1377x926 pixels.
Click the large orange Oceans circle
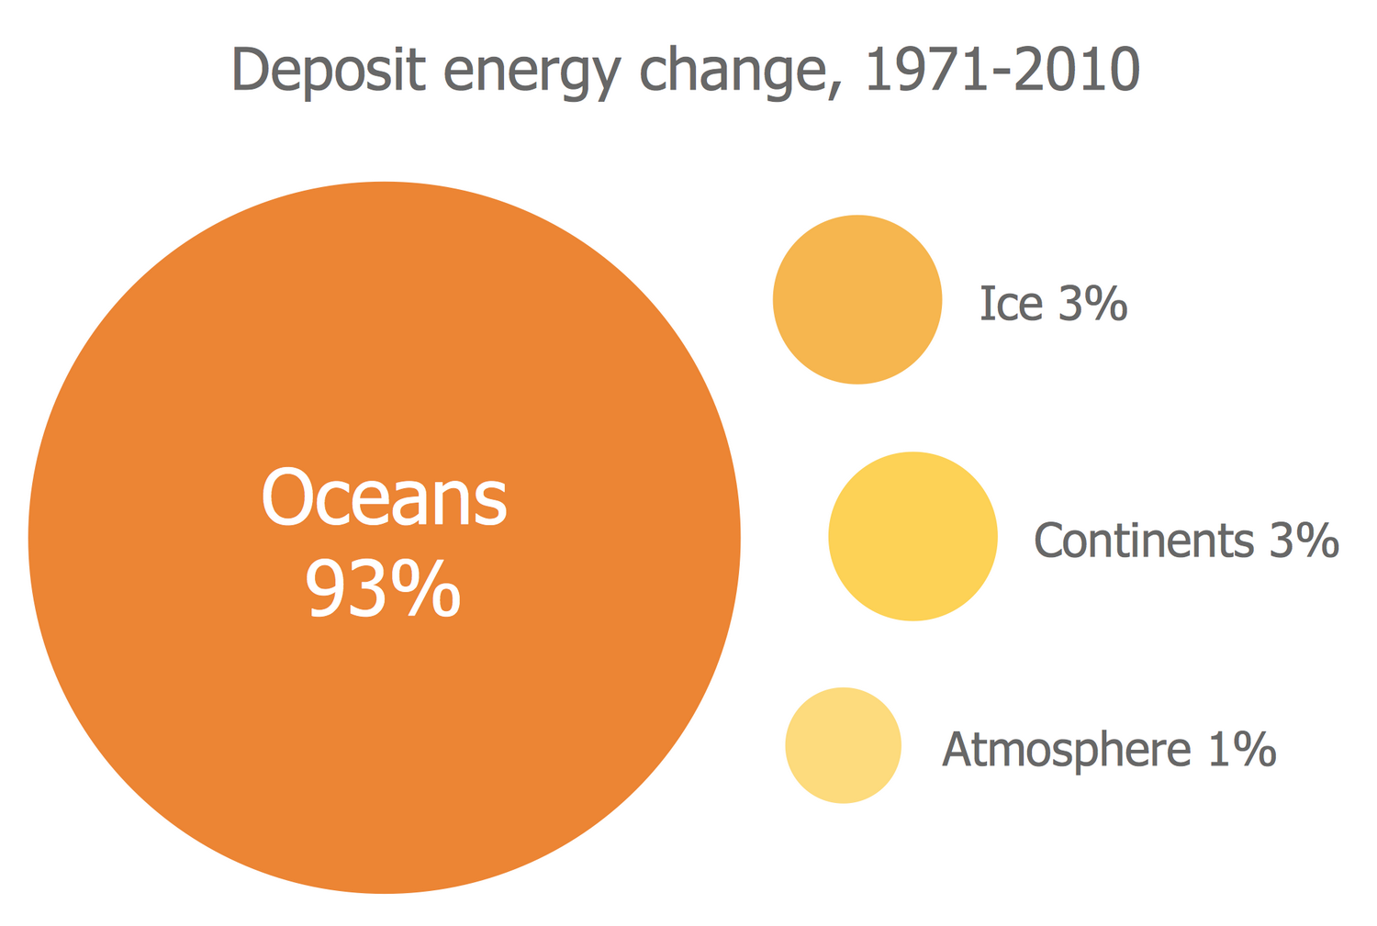[384, 734]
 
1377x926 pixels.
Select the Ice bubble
[857, 299]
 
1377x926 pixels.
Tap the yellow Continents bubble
[912, 536]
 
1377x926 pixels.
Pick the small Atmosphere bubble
[843, 745]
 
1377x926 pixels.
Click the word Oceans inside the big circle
[384, 497]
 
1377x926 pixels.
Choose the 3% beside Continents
[1304, 541]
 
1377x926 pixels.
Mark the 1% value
[1242, 750]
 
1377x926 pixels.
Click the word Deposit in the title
[329, 71]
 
